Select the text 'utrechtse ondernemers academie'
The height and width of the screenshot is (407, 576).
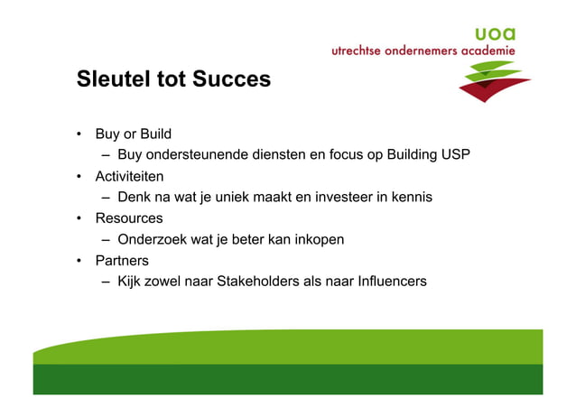tap(423, 51)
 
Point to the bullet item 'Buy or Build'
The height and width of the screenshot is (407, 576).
tap(133, 134)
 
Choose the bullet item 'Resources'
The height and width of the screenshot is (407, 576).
tap(129, 218)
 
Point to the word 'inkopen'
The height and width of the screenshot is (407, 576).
tap(320, 239)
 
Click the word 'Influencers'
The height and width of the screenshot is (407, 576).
tap(390, 282)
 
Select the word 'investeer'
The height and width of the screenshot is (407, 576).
tap(335, 197)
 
